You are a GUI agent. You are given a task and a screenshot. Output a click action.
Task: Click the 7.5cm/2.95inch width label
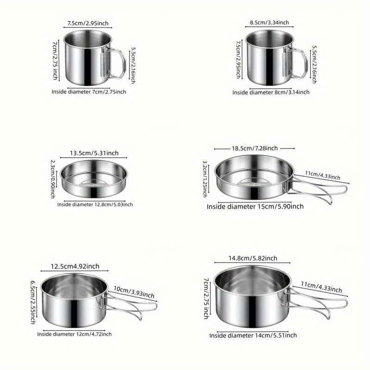point(88,24)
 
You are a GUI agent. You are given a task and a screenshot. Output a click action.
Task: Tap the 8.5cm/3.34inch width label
point(269,23)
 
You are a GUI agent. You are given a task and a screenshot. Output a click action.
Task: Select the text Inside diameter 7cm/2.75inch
point(89,92)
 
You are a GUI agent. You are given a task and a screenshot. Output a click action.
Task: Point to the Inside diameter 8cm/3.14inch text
point(271,92)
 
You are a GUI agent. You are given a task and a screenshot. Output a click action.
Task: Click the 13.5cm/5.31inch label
point(94,153)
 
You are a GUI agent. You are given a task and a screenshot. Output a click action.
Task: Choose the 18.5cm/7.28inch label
point(255,148)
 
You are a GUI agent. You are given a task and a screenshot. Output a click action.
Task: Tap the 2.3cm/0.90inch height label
point(53,179)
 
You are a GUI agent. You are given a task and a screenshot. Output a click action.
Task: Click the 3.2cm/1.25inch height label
point(205,179)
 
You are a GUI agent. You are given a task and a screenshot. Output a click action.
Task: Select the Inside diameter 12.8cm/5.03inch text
point(95,204)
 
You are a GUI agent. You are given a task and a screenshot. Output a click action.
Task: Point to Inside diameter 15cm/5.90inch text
point(255,206)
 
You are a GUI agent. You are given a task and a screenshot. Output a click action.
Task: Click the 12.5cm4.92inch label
point(75,266)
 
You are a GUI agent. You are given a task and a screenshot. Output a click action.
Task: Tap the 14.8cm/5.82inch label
point(253,259)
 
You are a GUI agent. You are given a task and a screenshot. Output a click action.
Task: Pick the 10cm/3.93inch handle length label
point(134,292)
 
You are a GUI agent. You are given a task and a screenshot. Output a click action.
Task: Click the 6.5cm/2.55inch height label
point(33,302)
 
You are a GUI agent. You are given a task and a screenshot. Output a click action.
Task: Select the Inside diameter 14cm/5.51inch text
point(253,335)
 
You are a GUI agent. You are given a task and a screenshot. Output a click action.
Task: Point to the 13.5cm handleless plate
point(94,179)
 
